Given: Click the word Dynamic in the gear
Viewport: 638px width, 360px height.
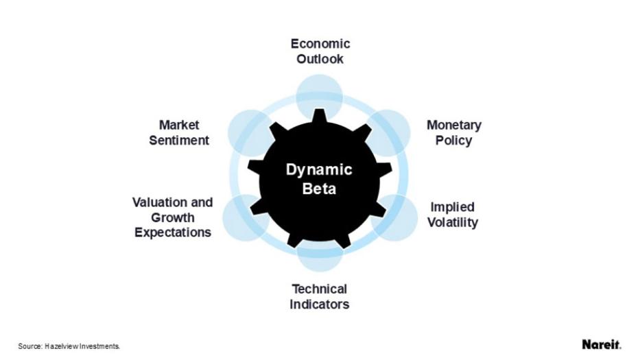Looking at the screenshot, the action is [x=319, y=170].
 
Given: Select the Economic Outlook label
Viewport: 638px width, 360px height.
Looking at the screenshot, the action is [x=320, y=51].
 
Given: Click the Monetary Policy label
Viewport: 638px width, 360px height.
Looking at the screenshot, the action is [x=453, y=133].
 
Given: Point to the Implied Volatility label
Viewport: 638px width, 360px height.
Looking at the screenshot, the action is [x=452, y=215].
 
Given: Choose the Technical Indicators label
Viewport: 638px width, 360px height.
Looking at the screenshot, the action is [x=319, y=296].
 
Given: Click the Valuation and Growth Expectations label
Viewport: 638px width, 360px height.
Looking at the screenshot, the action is [x=172, y=217].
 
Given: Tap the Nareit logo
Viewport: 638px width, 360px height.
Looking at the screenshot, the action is [x=601, y=344].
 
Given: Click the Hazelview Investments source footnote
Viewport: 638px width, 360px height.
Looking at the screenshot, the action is [x=69, y=347].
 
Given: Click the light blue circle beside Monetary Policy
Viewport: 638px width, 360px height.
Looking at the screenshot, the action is [x=390, y=131].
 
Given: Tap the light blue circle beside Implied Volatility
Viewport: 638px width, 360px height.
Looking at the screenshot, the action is [x=396, y=217].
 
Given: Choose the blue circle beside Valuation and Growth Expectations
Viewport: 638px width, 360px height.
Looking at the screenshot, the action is [x=244, y=217].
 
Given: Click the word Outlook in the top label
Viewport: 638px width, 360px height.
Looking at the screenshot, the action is [x=320, y=59].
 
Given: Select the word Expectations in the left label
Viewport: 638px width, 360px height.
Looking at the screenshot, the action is [x=172, y=232].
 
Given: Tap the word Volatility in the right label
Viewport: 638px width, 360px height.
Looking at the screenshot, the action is [x=452, y=223].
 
